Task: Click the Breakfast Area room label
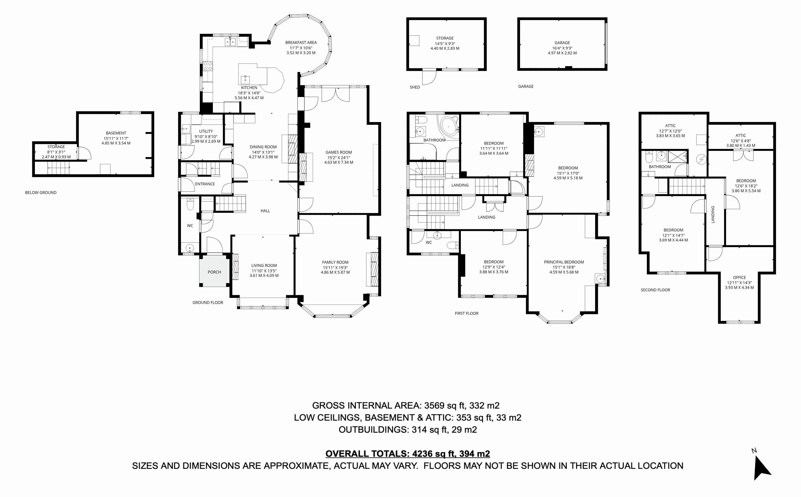[x=301, y=42]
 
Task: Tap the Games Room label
[x=339, y=152]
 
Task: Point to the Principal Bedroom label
[x=564, y=262]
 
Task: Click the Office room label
[x=739, y=278]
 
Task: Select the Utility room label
[x=206, y=131]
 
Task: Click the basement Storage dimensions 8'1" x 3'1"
[x=56, y=152]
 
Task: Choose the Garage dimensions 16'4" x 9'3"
[x=562, y=48]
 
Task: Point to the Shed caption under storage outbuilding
[x=415, y=87]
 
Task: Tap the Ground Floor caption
[x=208, y=302]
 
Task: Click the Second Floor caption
[x=655, y=290]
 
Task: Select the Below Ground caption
[x=41, y=193]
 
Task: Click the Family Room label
[x=335, y=262]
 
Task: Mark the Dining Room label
[x=263, y=147]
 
